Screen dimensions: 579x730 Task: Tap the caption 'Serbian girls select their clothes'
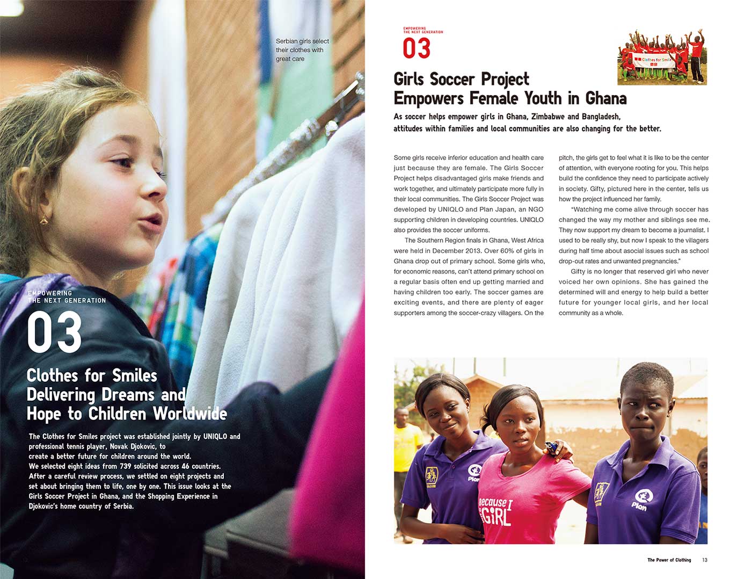(x=302, y=49)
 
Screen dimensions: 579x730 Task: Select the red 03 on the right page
(x=417, y=48)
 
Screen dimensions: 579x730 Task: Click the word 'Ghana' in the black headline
(x=605, y=98)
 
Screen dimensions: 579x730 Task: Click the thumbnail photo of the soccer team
(x=662, y=57)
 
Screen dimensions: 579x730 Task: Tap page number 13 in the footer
(x=705, y=560)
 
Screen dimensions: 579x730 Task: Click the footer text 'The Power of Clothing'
(x=669, y=560)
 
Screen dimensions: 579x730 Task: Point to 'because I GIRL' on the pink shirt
(x=495, y=511)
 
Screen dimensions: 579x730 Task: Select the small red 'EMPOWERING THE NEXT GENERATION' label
(x=423, y=30)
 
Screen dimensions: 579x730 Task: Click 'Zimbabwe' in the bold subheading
(x=548, y=117)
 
